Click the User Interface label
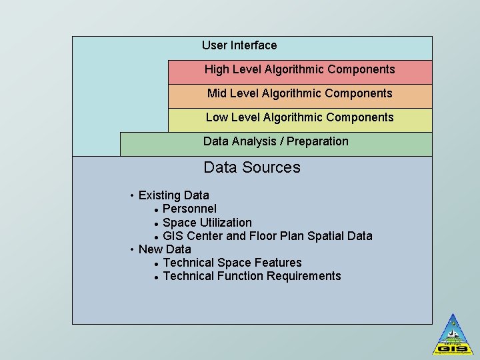tap(239, 45)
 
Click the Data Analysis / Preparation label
tap(275, 141)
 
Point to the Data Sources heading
tap(252, 167)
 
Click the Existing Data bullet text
tap(173, 195)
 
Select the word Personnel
tap(189, 209)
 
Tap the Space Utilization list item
tap(207, 223)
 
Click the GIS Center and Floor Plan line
tap(267, 236)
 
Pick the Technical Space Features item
tap(232, 263)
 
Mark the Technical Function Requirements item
tap(251, 276)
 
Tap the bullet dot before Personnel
tap(155, 210)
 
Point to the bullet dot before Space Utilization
tap(155, 223)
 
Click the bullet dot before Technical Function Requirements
tap(155, 277)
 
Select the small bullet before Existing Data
tap(132, 195)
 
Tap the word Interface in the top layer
tap(253, 45)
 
